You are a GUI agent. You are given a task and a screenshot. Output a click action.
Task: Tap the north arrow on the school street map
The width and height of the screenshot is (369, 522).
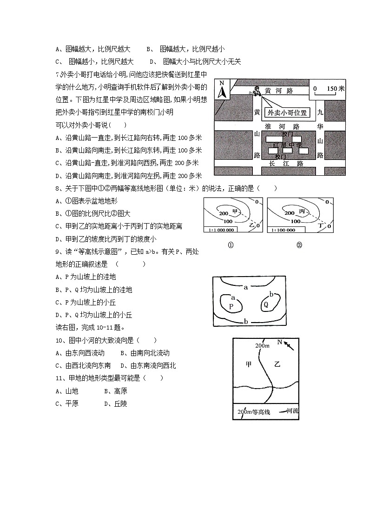[222, 90]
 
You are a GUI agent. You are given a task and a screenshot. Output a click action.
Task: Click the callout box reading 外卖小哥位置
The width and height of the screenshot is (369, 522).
[286, 112]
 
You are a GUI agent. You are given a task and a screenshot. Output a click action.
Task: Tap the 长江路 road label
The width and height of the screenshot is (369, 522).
[286, 164]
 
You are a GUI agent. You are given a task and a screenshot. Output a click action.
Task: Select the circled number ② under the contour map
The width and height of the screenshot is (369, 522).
[299, 245]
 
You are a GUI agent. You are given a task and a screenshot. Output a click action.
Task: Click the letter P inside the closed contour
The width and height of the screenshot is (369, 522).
[231, 306]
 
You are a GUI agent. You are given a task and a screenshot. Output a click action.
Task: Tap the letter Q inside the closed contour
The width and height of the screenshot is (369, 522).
[266, 304]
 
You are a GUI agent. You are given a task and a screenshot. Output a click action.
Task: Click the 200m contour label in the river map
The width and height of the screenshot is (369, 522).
[263, 346]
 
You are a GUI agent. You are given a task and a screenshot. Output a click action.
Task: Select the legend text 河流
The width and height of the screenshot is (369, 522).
[293, 411]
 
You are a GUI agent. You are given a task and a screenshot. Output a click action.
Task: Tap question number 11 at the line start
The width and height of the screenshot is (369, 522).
[59, 378]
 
